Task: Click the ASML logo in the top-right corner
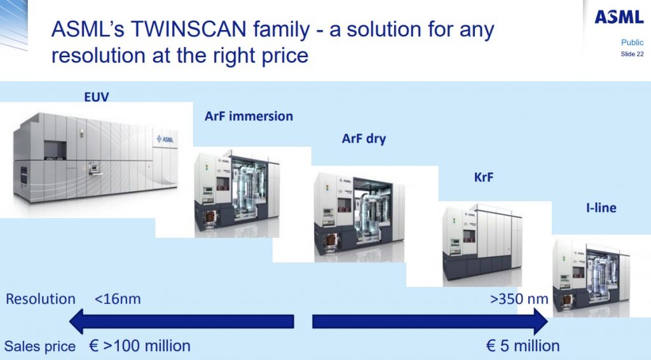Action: [619, 17]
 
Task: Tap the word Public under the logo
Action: [632, 43]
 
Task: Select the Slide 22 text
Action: [632, 54]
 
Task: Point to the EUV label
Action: [97, 97]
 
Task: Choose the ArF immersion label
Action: [249, 116]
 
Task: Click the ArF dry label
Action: [364, 139]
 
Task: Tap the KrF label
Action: [484, 177]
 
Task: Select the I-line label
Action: [601, 207]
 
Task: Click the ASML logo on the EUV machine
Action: [165, 139]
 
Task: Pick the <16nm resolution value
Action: [118, 299]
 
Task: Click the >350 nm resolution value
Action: [519, 299]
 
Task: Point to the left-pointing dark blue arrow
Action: [181, 321]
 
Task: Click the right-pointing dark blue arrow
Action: [430, 321]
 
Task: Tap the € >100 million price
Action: [140, 345]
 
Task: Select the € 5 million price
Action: [523, 345]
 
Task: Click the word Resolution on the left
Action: [40, 299]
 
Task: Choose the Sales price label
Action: [40, 346]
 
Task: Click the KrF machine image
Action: [482, 244]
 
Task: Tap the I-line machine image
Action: [591, 278]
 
